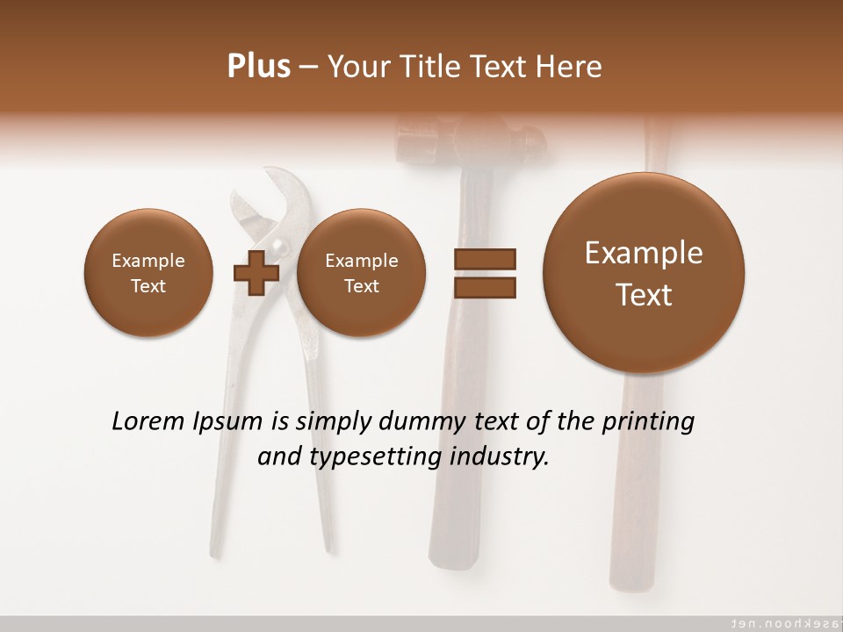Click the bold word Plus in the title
pos(258,67)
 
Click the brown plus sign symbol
pos(256,272)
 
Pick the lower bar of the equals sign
pos(484,287)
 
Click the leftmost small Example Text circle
pos(148,272)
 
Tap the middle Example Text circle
pos(361,272)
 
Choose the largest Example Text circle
pos(644,273)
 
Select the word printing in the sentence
pos(651,422)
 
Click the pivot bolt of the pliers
pos(277,245)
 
